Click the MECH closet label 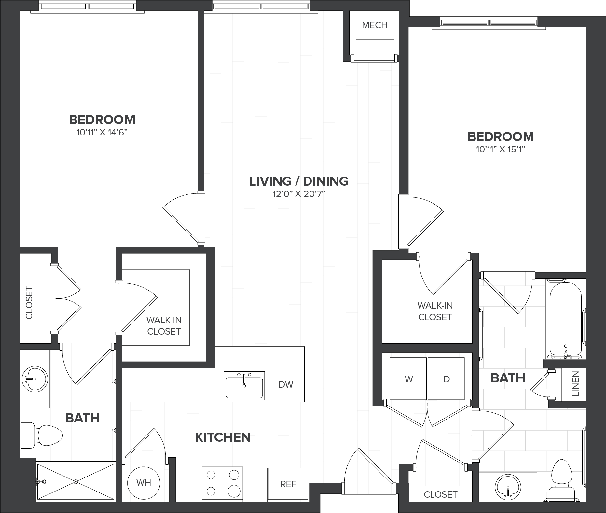click(x=375, y=25)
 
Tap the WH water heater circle click(x=144, y=482)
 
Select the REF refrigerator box click(x=288, y=484)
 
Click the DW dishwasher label click(x=286, y=384)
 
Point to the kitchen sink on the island click(x=244, y=386)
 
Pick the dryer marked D click(x=446, y=378)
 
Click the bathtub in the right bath click(x=566, y=319)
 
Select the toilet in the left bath click(x=41, y=435)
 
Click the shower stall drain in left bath click(x=76, y=482)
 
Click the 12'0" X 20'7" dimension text click(x=299, y=194)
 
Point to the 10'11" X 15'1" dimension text click(x=501, y=150)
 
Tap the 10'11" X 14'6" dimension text click(x=102, y=133)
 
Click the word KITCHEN click(x=223, y=437)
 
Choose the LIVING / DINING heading click(x=299, y=181)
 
